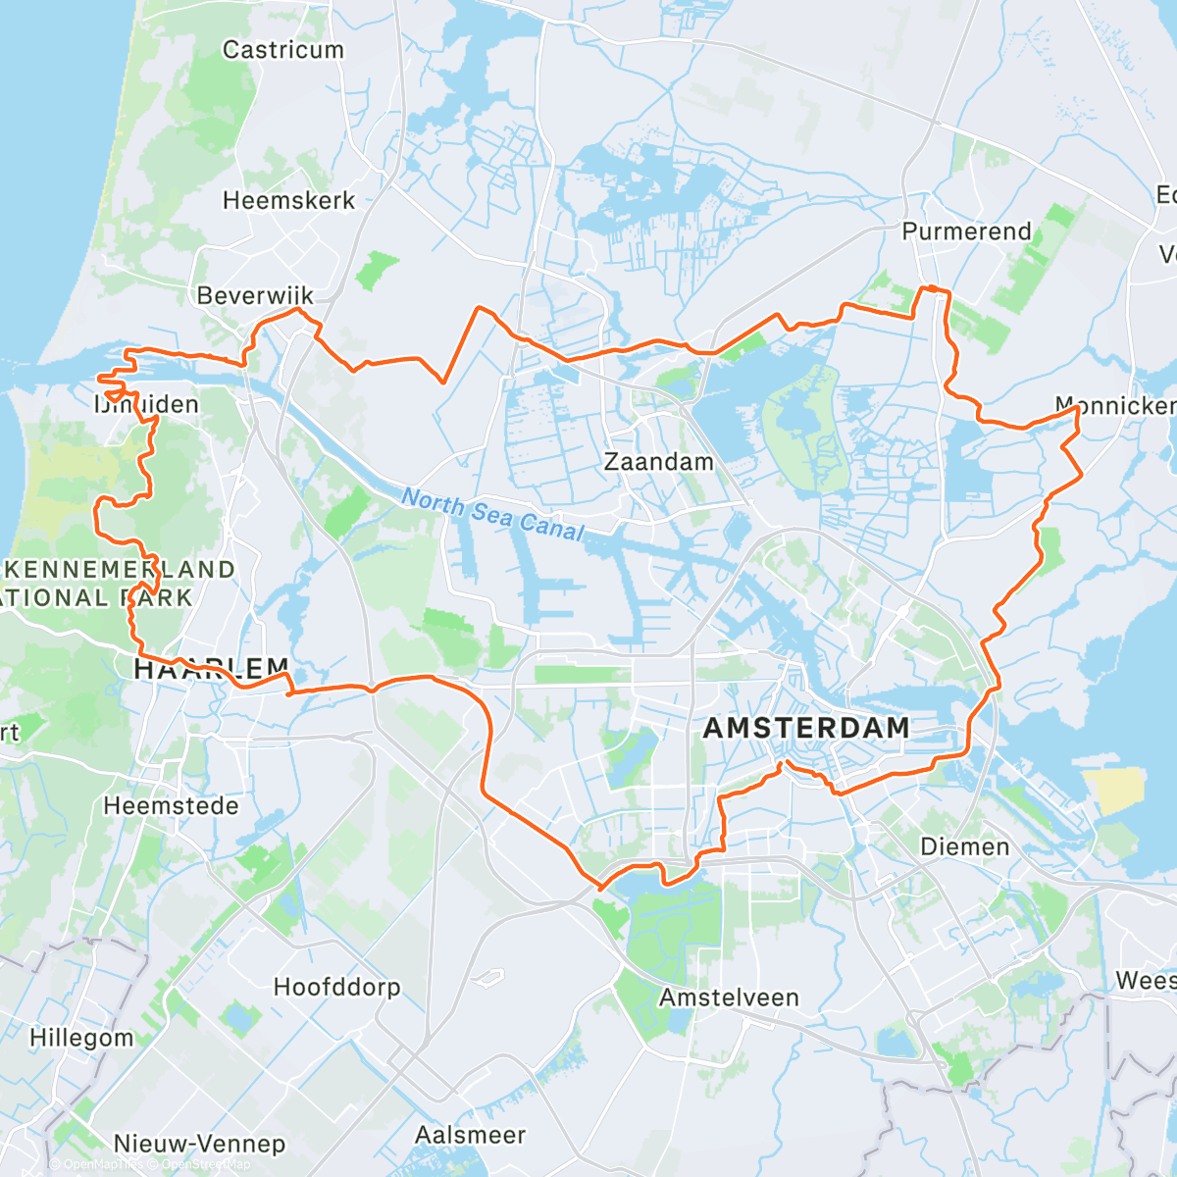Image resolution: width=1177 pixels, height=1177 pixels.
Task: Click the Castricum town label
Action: [283, 50]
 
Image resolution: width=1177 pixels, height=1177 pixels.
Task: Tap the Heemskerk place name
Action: [288, 201]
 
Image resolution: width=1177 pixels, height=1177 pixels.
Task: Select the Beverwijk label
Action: [255, 295]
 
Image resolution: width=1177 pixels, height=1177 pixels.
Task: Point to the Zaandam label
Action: [658, 461]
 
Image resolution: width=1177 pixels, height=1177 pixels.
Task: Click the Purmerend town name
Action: [966, 231]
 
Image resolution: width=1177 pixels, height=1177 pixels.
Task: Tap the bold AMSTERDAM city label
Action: [806, 728]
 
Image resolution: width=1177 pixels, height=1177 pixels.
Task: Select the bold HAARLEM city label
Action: [211, 669]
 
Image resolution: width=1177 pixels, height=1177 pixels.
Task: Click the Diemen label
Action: [964, 846]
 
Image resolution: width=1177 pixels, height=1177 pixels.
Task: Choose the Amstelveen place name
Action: [729, 998]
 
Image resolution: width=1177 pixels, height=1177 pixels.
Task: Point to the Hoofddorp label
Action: [336, 987]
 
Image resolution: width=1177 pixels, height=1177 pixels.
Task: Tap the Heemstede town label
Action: [171, 806]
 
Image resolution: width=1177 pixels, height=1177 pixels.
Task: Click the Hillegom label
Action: [81, 1038]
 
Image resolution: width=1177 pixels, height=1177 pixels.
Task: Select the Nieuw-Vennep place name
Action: [199, 1144]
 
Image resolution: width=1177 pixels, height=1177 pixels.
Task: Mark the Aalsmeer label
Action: [470, 1135]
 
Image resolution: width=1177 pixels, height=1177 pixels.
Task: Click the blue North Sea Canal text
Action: [492, 515]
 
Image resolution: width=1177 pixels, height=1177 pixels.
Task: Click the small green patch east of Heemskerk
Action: [378, 271]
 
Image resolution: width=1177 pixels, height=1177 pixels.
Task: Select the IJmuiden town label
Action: [147, 404]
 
